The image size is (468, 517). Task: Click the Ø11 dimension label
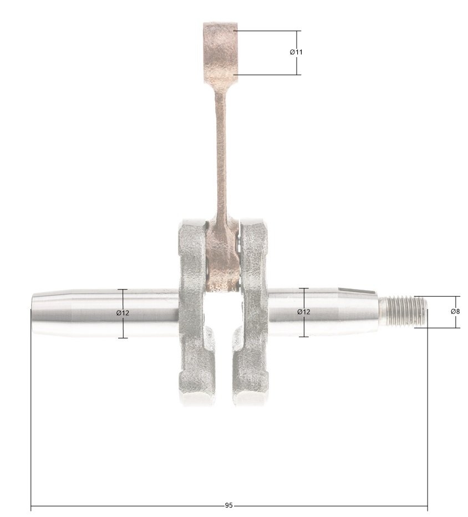(296, 52)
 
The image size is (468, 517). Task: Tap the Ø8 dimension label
(455, 311)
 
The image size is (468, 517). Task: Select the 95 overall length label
(228, 505)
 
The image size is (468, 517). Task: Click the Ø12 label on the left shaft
(123, 312)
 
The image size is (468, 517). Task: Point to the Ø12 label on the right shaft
(303, 312)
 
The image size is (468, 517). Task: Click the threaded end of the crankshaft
(403, 311)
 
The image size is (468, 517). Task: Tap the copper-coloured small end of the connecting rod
(220, 53)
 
